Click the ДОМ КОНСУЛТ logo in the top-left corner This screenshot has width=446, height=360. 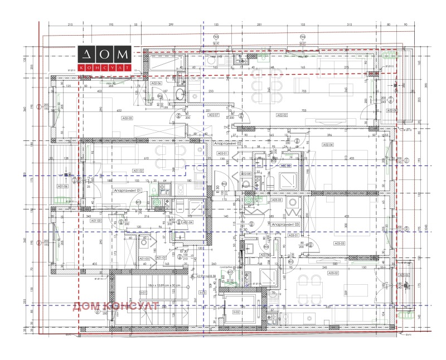click(x=105, y=59)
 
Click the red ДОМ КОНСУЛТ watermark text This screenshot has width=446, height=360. click(x=117, y=305)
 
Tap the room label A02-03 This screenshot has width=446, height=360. click(x=127, y=118)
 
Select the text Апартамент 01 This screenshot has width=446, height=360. click(x=128, y=191)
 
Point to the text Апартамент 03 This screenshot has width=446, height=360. click(x=286, y=223)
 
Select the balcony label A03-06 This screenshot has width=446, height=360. click(x=404, y=275)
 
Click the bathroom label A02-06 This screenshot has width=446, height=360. click(x=157, y=83)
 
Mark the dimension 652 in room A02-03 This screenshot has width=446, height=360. click(x=118, y=111)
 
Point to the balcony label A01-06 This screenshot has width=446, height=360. click(x=62, y=186)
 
